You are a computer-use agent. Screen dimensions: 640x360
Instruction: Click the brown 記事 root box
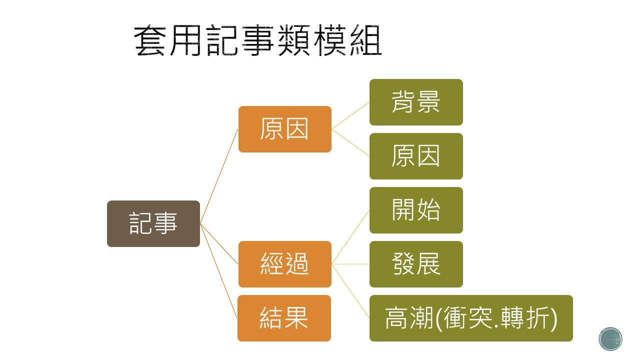[153, 223]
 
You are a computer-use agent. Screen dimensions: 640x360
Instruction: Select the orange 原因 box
[285, 129]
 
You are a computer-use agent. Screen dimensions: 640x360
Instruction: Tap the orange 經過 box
[285, 264]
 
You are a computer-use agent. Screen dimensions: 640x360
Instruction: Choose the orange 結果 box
[284, 318]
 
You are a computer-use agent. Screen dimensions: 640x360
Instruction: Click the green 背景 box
[416, 102]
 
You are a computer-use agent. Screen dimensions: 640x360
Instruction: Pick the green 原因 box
[416, 156]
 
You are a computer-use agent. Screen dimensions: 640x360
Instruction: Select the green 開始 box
[416, 210]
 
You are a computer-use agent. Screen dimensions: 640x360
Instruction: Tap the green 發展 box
[416, 264]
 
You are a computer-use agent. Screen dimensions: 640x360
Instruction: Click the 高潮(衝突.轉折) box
[471, 318]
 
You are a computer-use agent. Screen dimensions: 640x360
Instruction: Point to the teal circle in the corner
[610, 339]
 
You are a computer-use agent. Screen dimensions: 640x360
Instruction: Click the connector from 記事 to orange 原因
[219, 176]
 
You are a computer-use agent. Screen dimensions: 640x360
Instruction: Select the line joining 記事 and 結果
[218, 271]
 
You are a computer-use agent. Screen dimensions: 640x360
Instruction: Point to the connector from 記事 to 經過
[219, 244]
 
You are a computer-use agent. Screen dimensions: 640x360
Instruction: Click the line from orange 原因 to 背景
[350, 115]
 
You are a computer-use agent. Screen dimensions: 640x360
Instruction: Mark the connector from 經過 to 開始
[350, 237]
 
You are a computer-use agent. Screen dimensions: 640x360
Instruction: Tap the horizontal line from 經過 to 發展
[350, 264]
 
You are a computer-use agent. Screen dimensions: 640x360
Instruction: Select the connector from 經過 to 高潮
[350, 291]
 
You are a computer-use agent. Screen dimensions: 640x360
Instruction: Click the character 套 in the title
[149, 40]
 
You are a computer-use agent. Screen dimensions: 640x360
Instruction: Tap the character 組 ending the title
[365, 40]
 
